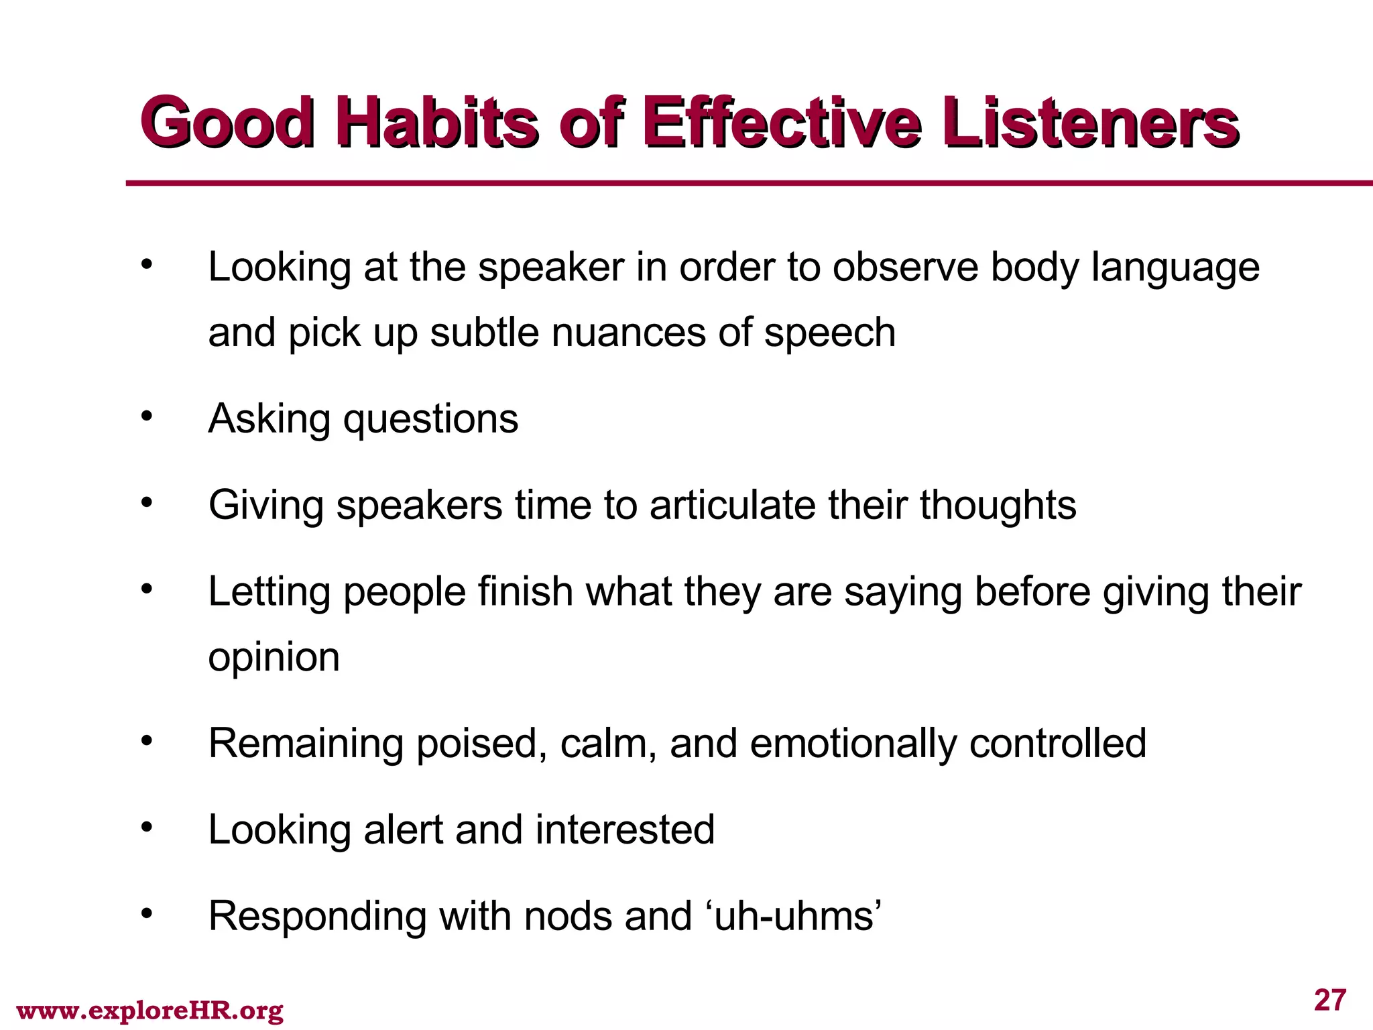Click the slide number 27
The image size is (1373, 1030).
coord(1330,1000)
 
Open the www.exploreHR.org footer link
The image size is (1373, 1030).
coord(150,1011)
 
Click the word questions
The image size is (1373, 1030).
coord(431,420)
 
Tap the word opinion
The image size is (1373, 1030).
coord(274,657)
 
